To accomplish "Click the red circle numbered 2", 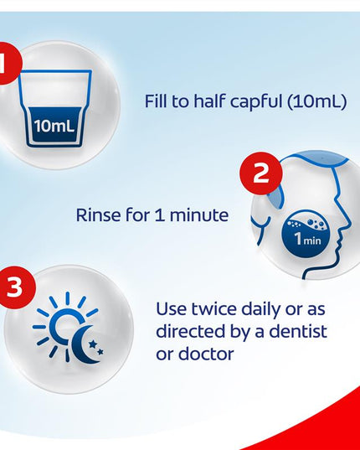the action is pos(261,173).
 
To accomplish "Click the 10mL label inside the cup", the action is pos(54,126).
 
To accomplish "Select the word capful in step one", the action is pos(256,101).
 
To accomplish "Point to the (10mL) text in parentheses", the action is pos(316,101).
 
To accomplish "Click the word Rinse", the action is pos(99,215).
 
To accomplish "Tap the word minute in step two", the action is pos(199,215).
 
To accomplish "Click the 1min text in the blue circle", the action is pos(308,239).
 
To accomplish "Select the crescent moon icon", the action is pos(83,344).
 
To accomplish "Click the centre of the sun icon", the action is pos(67,327).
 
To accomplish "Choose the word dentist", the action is pos(298,331).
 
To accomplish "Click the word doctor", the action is pos(206,354).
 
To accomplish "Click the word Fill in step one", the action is pos(157,101).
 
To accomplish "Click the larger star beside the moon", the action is pos(93,344).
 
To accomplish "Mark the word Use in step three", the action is pos(172,309).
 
